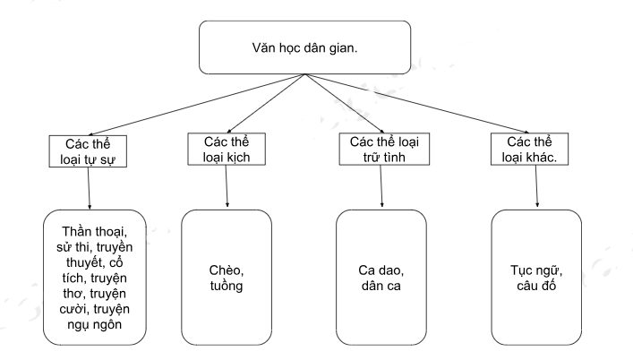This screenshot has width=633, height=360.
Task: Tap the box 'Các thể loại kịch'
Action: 226,150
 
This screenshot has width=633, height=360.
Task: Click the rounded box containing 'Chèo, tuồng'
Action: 226,277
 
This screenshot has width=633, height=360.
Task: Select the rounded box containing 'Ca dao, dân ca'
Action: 380,277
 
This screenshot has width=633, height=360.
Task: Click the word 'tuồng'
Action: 226,287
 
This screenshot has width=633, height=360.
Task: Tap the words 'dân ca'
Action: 381,287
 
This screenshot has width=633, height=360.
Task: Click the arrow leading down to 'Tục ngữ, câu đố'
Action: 535,186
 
